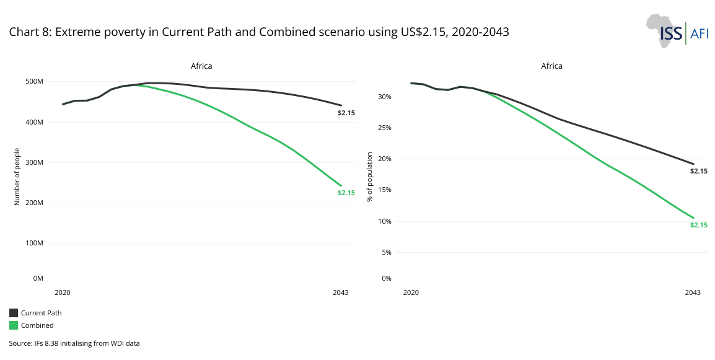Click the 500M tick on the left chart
[x=33, y=82]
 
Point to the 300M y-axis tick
[x=33, y=162]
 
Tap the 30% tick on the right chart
[x=385, y=97]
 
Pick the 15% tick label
[x=385, y=190]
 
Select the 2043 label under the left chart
[x=340, y=292]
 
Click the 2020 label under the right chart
[x=410, y=292]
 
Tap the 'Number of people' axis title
[x=17, y=177]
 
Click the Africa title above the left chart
[x=201, y=66]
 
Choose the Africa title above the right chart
[x=551, y=66]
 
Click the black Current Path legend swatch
[x=14, y=313]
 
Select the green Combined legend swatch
[x=14, y=325]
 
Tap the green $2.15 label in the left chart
[x=346, y=193]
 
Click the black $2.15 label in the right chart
[x=698, y=170]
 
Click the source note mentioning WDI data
[x=74, y=343]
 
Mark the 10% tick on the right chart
[x=385, y=221]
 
